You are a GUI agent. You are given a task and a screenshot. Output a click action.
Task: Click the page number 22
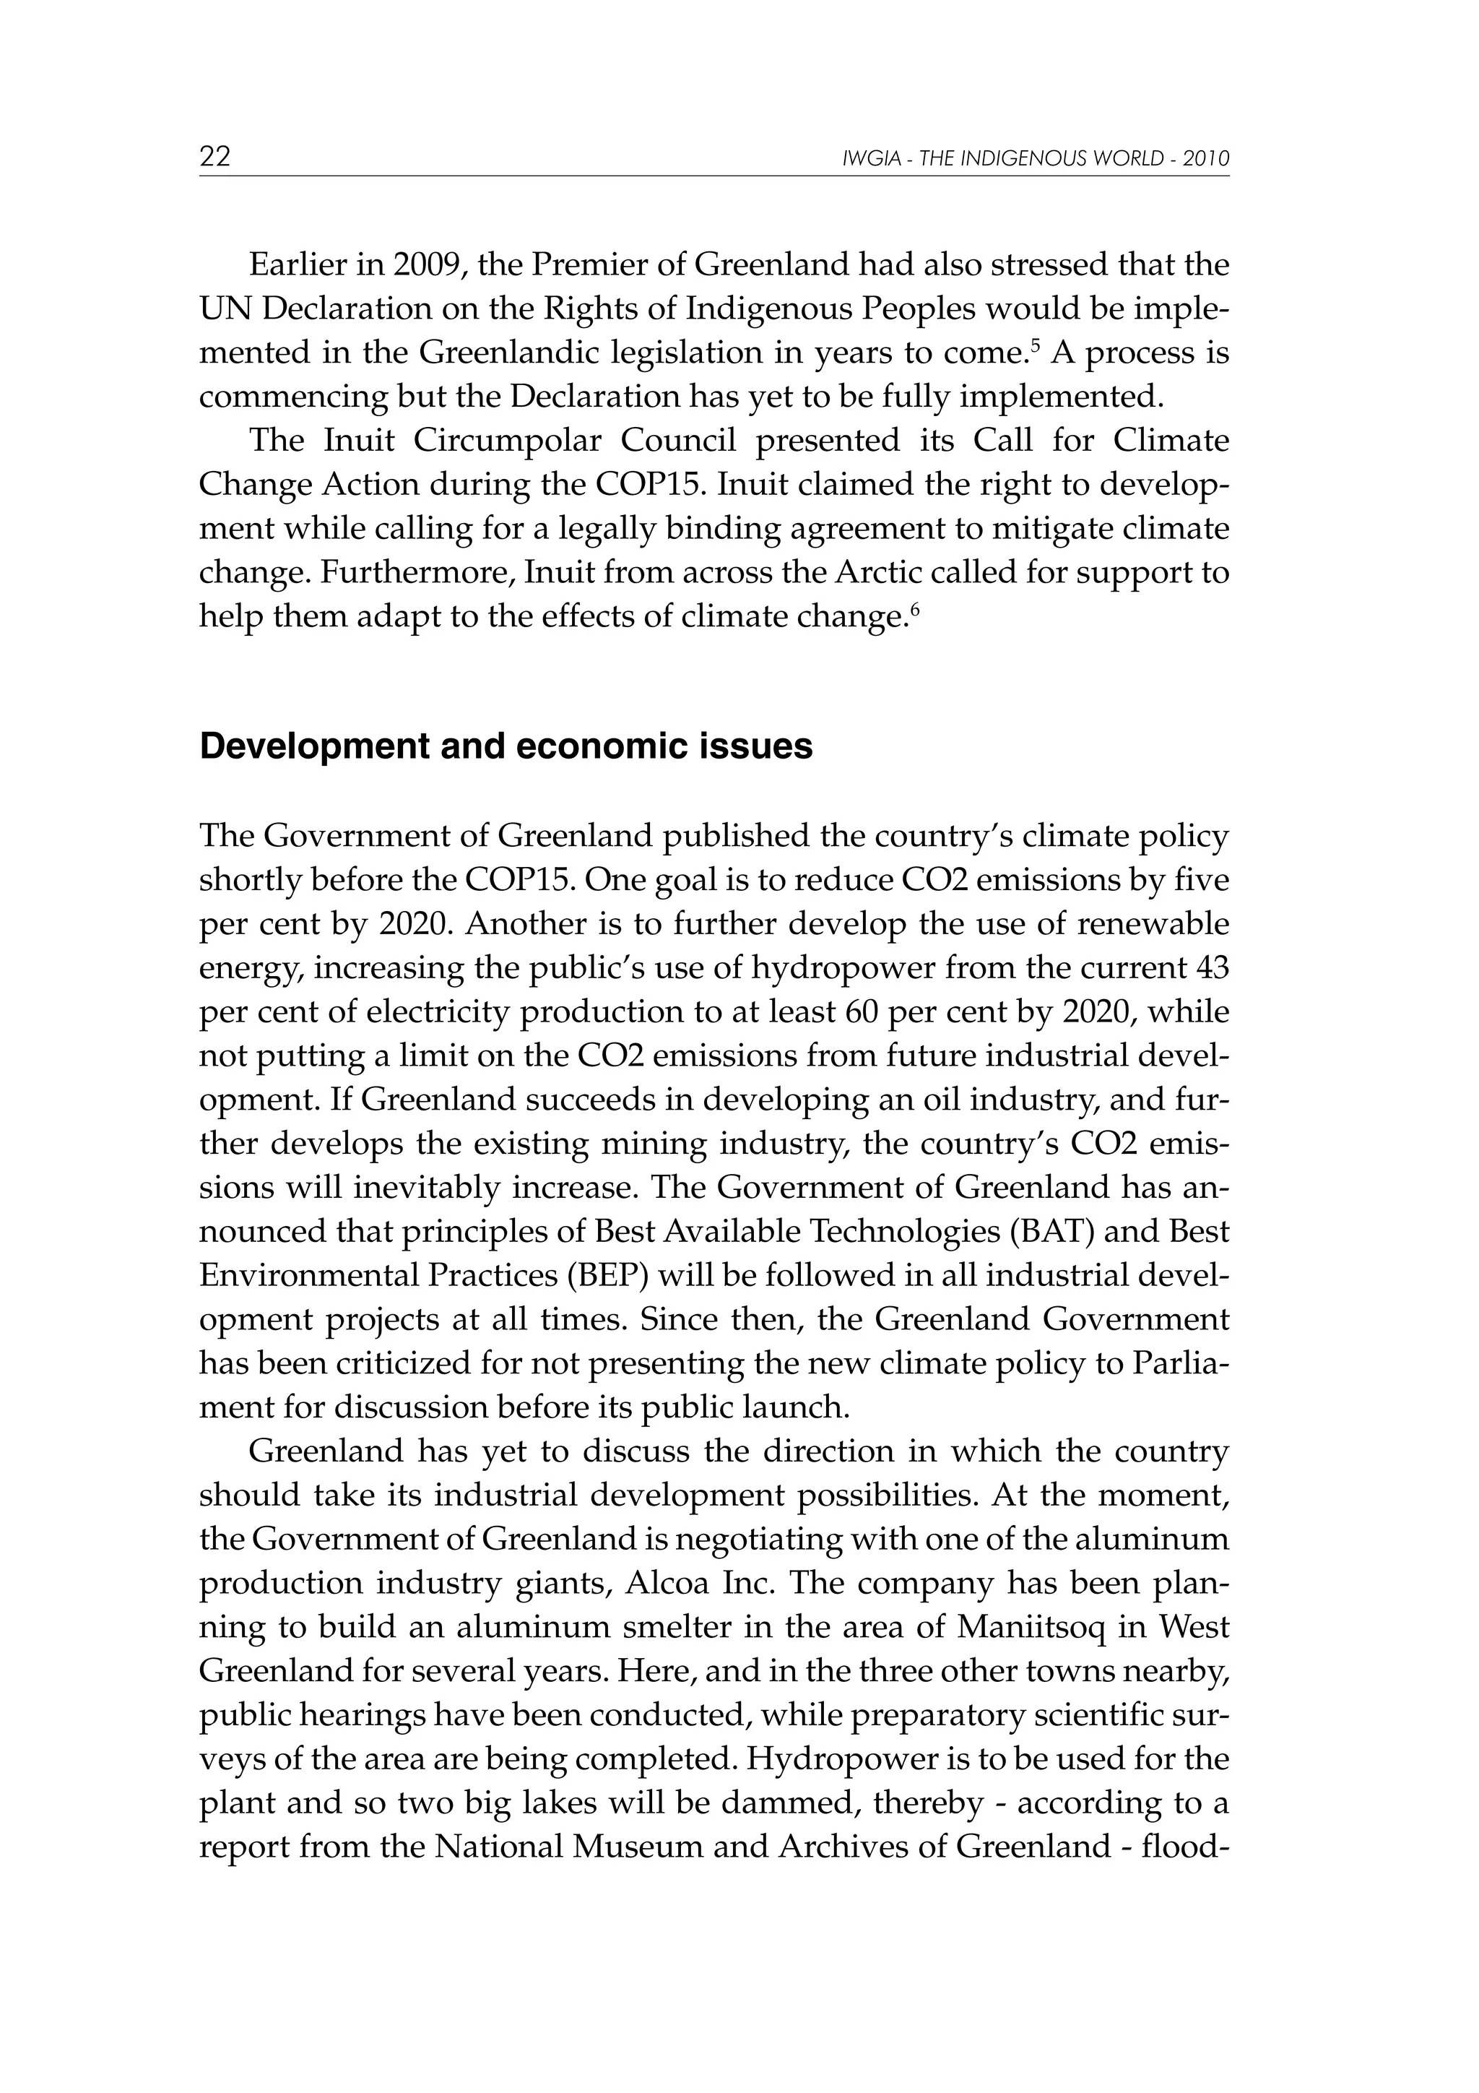(x=215, y=157)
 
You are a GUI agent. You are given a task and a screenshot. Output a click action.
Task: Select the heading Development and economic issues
(x=506, y=746)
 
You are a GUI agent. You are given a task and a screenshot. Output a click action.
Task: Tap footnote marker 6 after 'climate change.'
(x=915, y=608)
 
